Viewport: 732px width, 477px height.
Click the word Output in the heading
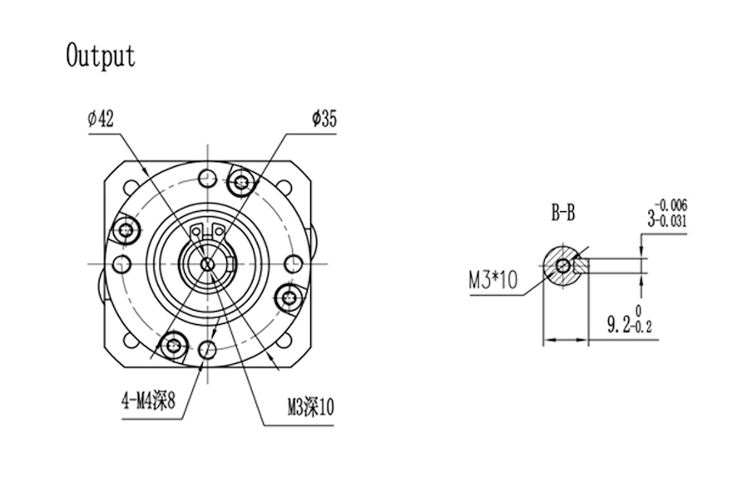click(x=100, y=56)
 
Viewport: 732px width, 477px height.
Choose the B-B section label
click(x=563, y=214)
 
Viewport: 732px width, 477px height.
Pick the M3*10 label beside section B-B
click(x=493, y=282)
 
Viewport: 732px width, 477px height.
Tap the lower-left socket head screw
click(x=174, y=345)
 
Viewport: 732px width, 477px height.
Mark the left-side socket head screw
click(x=127, y=229)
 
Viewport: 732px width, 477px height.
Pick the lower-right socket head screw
click(x=289, y=297)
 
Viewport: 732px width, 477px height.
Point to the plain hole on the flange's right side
click(x=292, y=263)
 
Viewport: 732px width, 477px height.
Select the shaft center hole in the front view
click(x=207, y=263)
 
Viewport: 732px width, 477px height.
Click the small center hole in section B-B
click(x=565, y=265)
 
